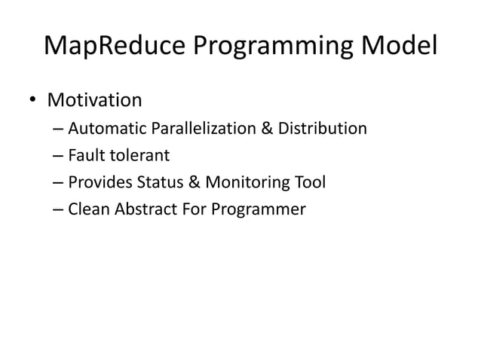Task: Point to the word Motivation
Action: tap(94, 100)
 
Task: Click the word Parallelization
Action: tap(204, 129)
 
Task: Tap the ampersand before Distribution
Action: tap(267, 129)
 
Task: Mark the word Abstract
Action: tap(142, 209)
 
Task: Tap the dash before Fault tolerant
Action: tap(59, 157)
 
